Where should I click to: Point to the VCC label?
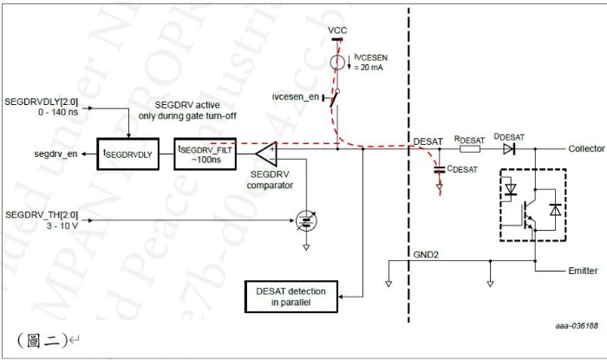click(x=338, y=31)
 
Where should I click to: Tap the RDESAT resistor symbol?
click(x=469, y=149)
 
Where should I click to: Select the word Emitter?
click(x=581, y=271)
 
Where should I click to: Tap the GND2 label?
click(x=425, y=256)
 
